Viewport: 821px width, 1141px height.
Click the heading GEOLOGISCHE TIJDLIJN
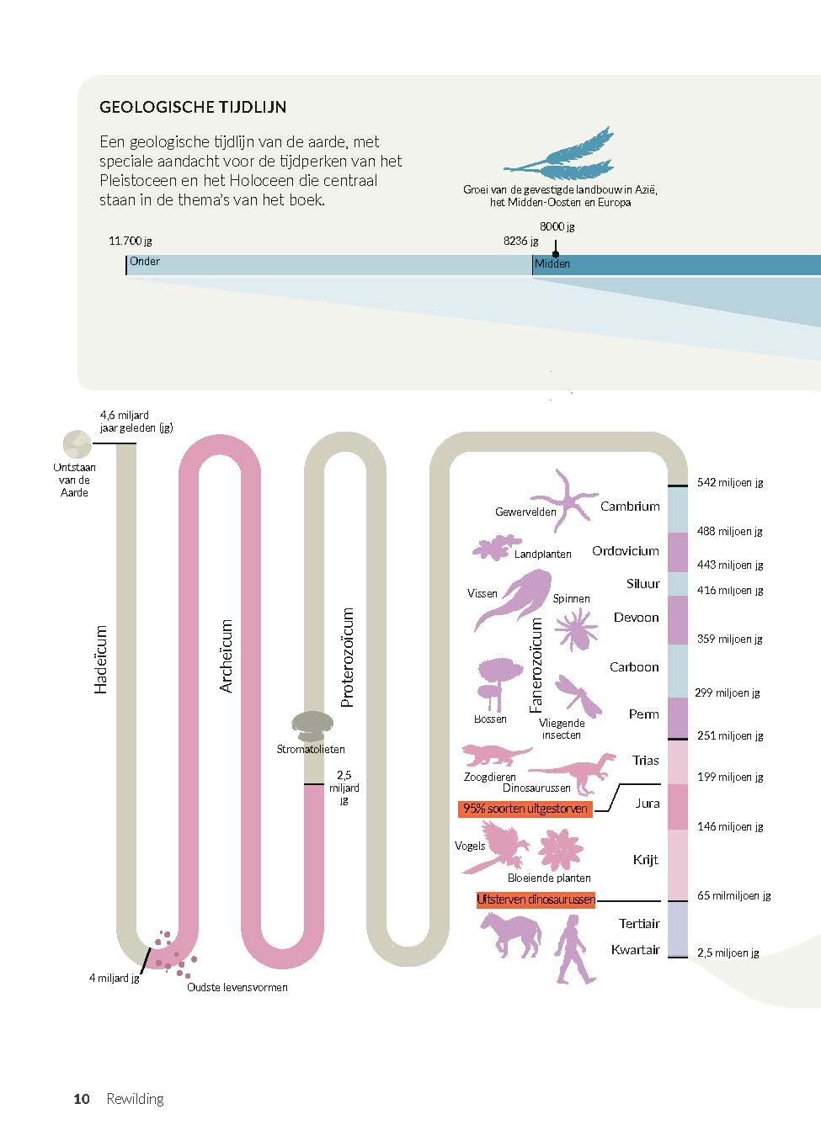tap(193, 108)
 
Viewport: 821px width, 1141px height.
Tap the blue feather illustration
tap(561, 157)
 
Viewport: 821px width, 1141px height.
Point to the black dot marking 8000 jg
tap(556, 253)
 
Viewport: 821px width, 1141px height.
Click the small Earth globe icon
tap(77, 443)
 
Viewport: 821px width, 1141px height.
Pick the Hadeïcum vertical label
tap(102, 659)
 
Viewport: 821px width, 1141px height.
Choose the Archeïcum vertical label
tap(226, 656)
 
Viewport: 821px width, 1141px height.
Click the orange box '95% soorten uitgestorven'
tap(525, 809)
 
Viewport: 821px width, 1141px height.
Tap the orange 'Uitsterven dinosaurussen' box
tap(536, 900)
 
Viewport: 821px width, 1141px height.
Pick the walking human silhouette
tap(575, 949)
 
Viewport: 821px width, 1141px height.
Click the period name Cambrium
tap(629, 507)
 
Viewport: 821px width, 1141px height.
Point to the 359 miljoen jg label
tap(729, 639)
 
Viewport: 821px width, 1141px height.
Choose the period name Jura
tap(647, 804)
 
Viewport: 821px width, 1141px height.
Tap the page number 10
tap(82, 1099)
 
